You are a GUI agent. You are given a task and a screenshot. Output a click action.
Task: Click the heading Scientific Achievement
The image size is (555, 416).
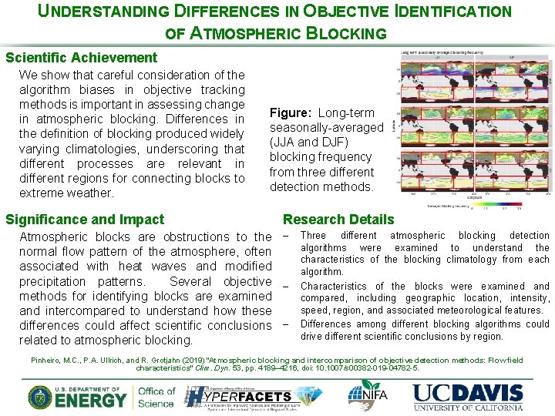81,58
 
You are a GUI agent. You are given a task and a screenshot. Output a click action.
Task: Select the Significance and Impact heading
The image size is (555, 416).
85,220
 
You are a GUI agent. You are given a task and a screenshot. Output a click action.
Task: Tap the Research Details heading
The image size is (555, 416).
338,220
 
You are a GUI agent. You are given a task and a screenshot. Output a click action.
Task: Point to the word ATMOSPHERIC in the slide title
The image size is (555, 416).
246,33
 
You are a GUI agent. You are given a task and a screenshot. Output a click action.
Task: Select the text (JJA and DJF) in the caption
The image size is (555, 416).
309,143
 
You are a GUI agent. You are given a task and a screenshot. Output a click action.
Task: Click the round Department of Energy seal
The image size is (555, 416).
41,397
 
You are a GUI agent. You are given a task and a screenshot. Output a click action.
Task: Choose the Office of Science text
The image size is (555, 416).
156,397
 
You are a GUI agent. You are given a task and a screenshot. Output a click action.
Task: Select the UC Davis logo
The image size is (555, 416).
468,396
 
